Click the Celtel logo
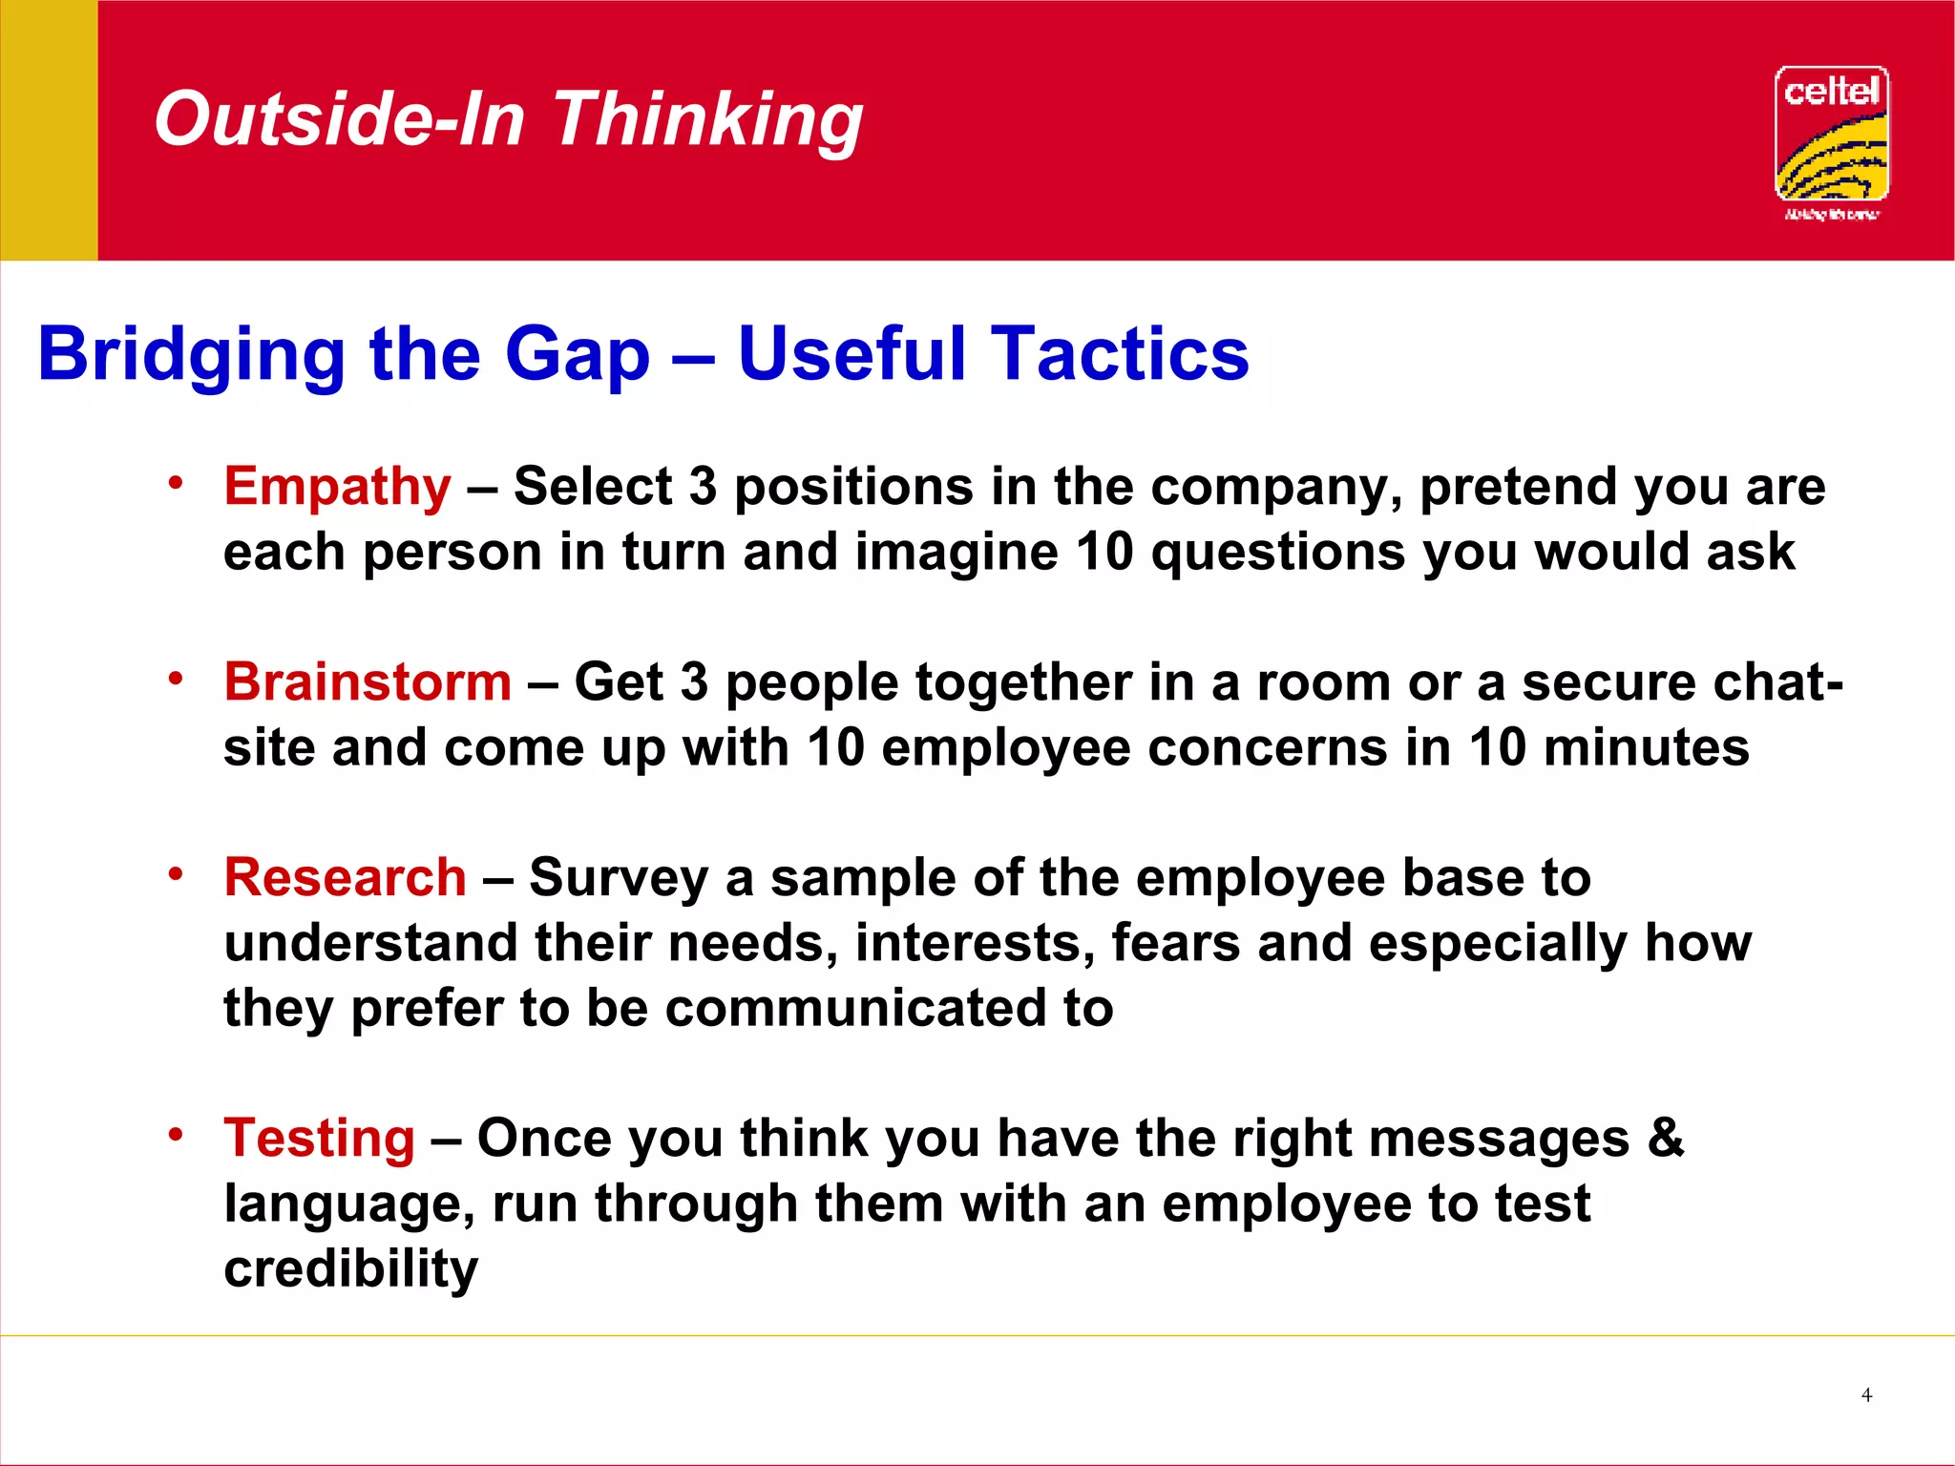[1831, 141]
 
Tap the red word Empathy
[337, 487]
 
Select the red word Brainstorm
[368, 682]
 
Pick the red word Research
[345, 877]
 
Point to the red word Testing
[319, 1138]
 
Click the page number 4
[1866, 1395]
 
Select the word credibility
[350, 1269]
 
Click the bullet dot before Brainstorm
[175, 679]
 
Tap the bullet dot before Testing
[175, 1134]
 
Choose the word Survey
[618, 879]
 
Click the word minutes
[1646, 747]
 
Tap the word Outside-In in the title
[340, 120]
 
